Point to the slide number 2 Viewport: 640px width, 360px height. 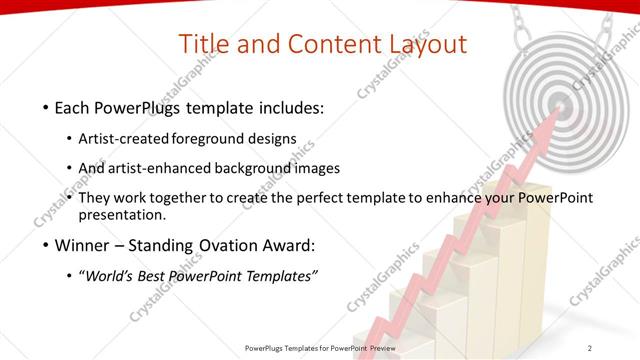pos(589,347)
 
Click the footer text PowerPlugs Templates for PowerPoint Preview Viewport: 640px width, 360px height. pos(320,347)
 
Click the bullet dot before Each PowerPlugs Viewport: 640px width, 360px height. pos(45,106)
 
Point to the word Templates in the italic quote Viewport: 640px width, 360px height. pos(280,275)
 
